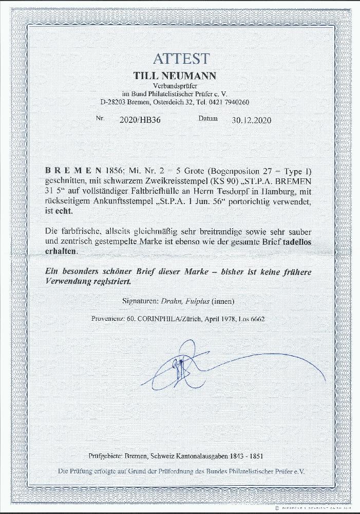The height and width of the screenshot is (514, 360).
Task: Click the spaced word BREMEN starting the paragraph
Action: tap(72, 171)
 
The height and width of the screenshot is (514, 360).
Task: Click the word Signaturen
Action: tap(143, 300)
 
